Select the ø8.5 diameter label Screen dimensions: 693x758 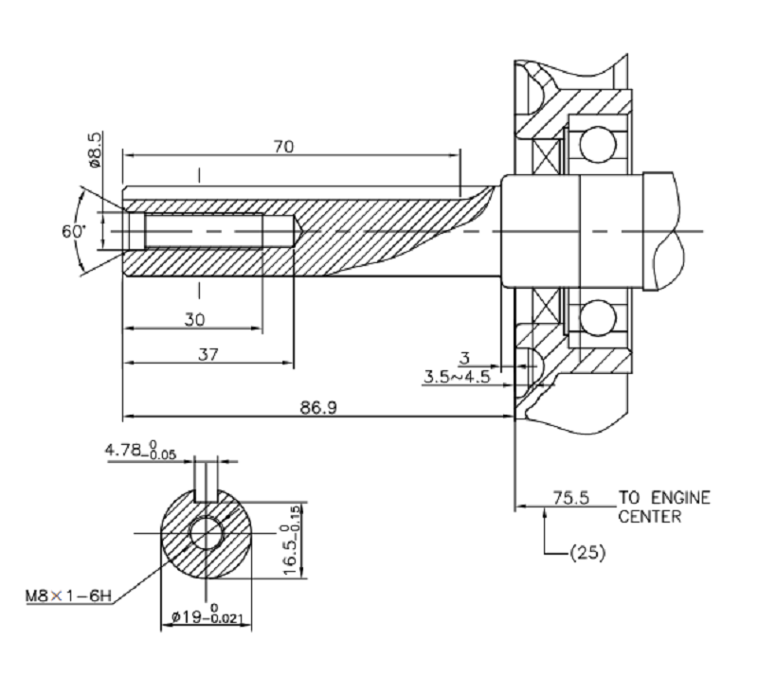click(95, 151)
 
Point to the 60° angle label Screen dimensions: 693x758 click(74, 231)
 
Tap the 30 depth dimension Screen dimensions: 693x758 click(194, 320)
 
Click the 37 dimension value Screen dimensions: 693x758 click(208, 354)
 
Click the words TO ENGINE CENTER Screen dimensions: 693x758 click(663, 507)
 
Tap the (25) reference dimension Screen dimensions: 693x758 click(587, 550)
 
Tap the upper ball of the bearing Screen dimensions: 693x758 click(597, 145)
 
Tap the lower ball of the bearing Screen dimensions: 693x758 click(597, 317)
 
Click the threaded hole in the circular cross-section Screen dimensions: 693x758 click(206, 533)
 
